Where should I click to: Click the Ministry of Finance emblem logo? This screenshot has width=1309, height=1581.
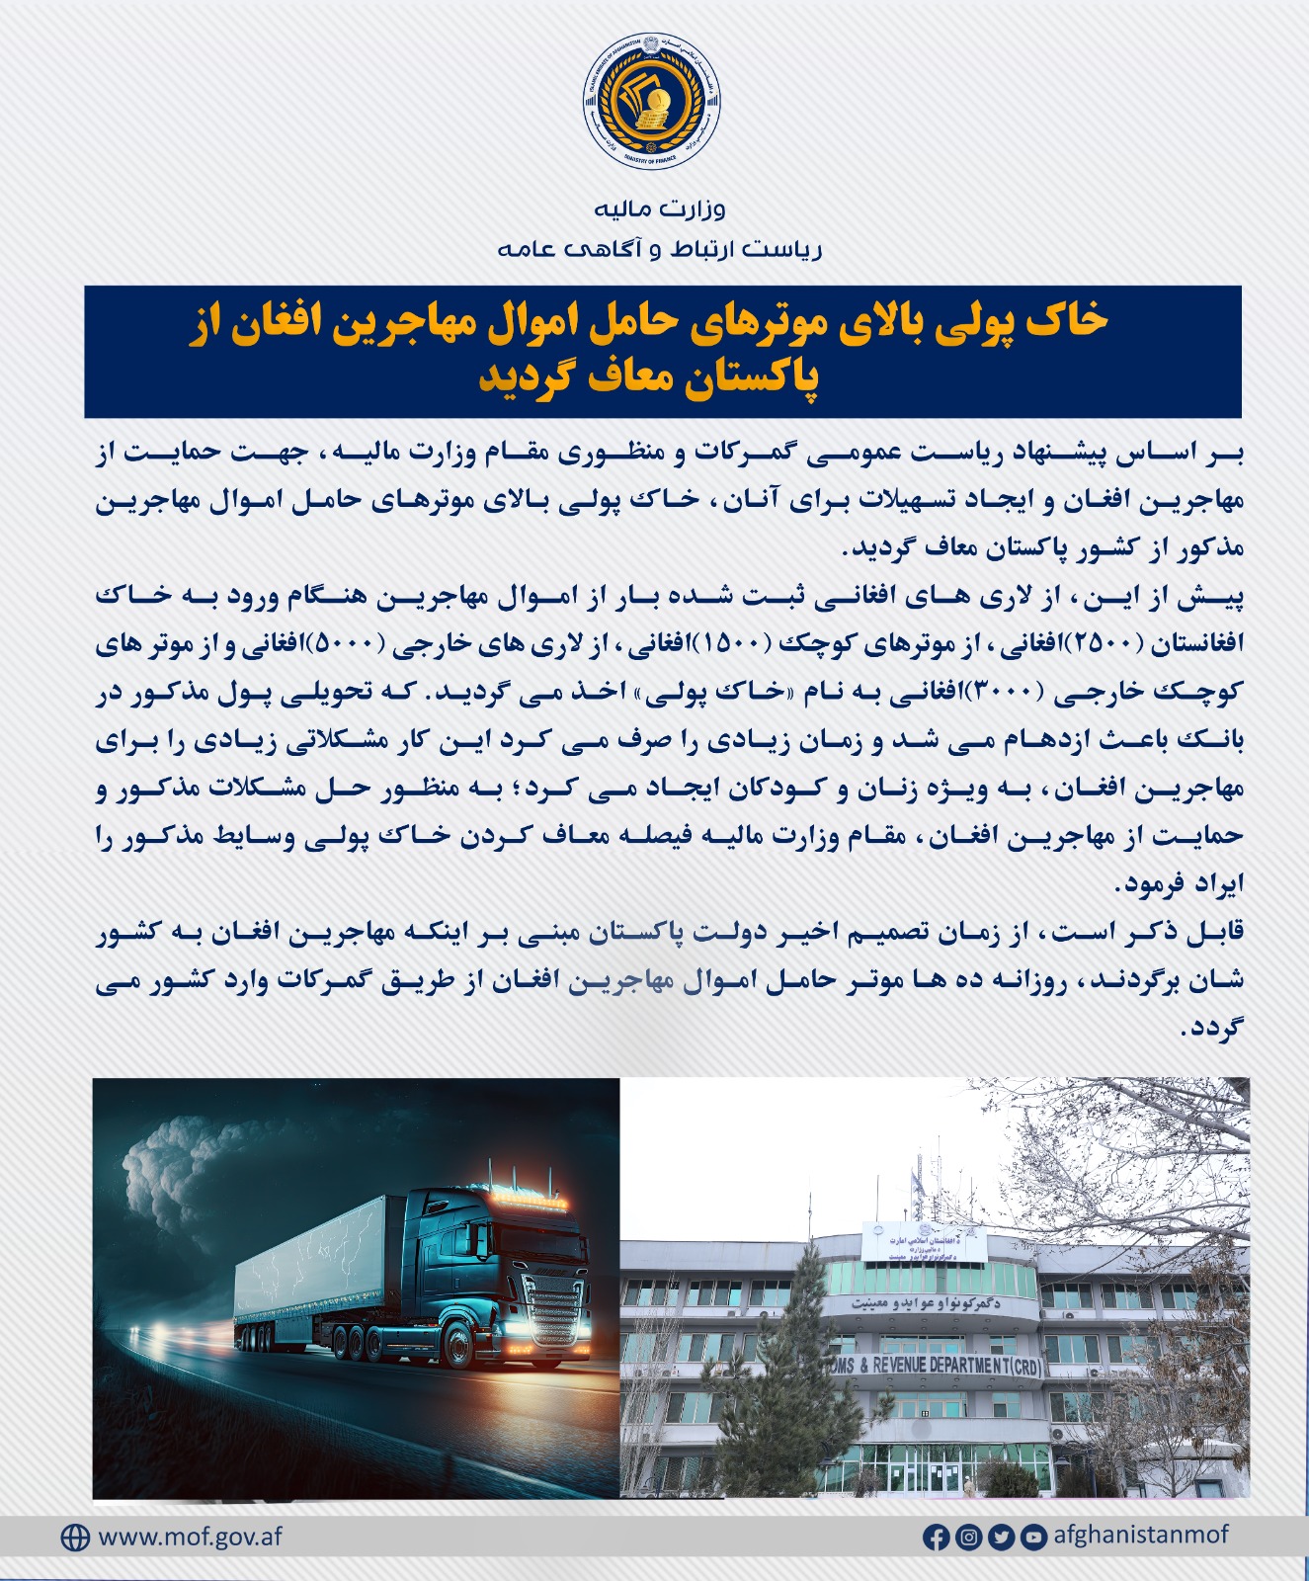(652, 101)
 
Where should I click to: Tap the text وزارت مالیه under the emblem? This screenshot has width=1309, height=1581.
(660, 208)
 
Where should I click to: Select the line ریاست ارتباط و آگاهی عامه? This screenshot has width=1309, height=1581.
(660, 249)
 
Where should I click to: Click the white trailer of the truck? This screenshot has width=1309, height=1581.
(311, 1265)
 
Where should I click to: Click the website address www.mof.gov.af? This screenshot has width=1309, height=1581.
(191, 1538)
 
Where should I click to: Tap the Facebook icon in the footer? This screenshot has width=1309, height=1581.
(936, 1538)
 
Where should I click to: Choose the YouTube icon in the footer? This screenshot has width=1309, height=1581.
(1033, 1538)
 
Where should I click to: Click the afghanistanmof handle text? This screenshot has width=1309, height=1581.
(1141, 1536)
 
